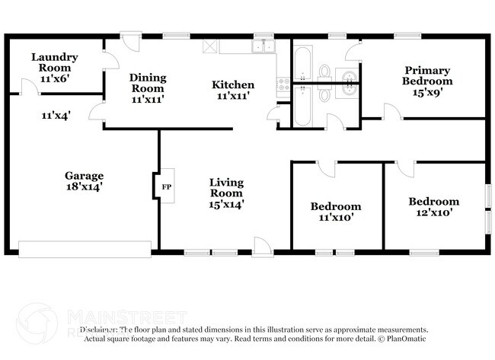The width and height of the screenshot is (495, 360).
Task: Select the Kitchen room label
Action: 232,90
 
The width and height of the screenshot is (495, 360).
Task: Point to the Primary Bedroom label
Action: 428,81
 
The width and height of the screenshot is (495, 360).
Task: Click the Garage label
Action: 84,180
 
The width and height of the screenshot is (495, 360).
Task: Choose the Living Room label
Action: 227,193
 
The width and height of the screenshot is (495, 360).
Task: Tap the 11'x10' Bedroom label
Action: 335,212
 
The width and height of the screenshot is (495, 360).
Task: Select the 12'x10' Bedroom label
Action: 433,207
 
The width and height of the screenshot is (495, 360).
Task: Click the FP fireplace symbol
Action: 167,185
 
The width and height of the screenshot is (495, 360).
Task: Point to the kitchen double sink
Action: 263,46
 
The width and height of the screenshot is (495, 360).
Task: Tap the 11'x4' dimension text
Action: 56,116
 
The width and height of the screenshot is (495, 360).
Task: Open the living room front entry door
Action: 262,244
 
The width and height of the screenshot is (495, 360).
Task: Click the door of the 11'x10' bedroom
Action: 324,168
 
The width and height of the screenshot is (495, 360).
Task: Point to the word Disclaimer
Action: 100,330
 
